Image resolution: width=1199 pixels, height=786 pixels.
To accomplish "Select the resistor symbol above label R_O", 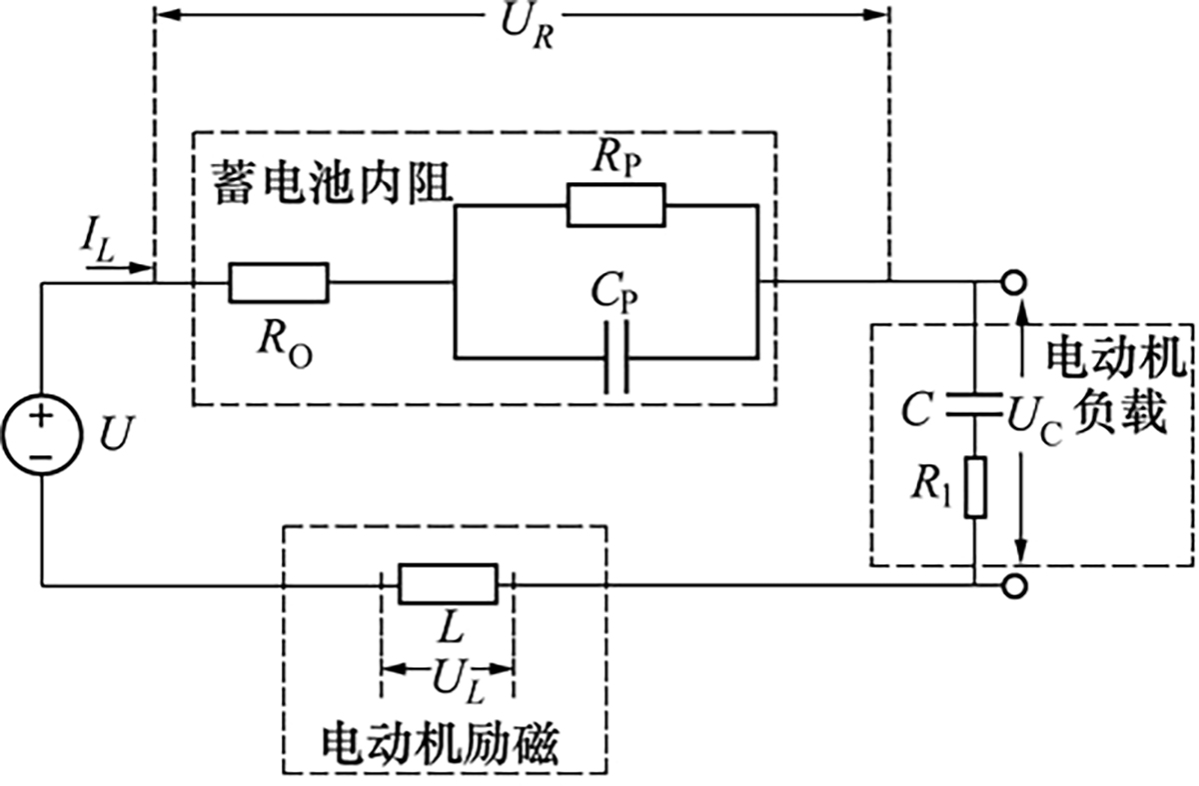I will click(x=279, y=282).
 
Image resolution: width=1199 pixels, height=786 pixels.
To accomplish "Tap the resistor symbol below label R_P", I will click(x=615, y=205).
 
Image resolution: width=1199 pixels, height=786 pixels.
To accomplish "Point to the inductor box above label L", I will click(x=448, y=584).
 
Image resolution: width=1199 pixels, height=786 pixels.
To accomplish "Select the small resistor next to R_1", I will click(x=975, y=487).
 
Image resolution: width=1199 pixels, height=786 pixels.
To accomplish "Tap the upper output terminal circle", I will click(x=1014, y=283).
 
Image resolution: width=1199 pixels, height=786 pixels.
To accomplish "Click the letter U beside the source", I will click(x=114, y=435).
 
